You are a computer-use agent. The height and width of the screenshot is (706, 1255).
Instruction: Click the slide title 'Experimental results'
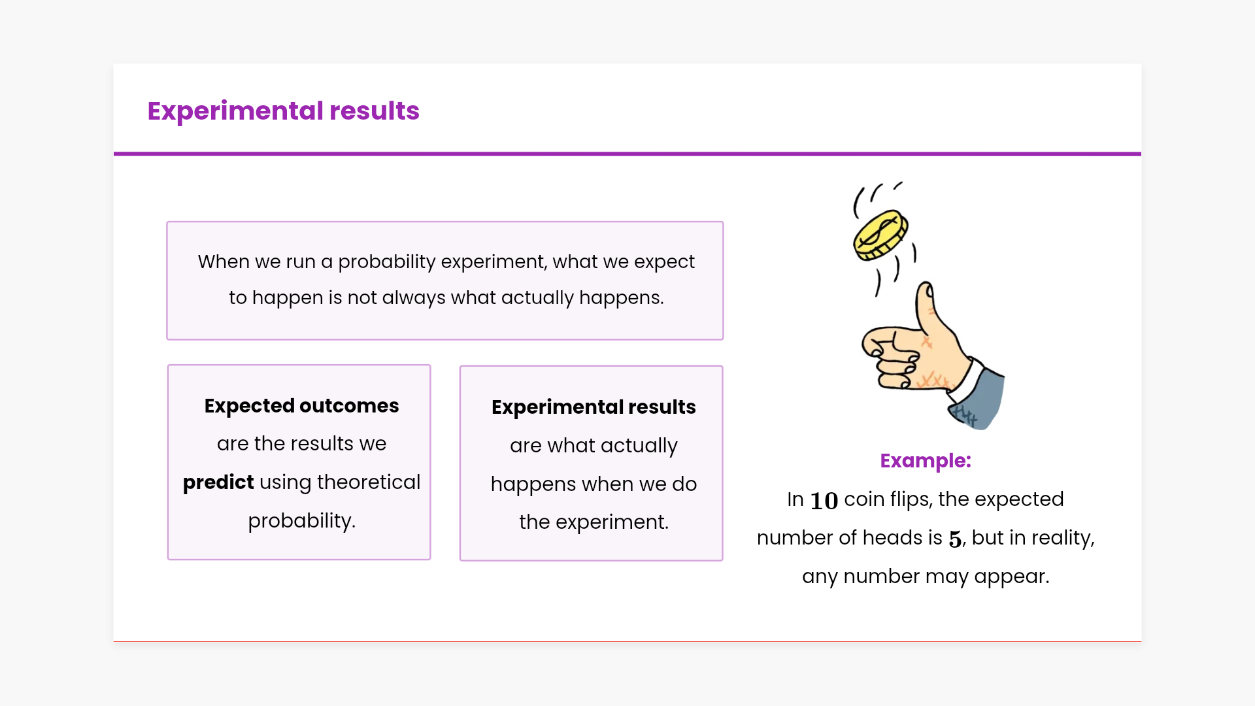283,111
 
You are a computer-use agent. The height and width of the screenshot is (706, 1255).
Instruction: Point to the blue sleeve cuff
977,398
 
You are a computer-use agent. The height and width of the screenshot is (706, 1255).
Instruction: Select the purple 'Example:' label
926,461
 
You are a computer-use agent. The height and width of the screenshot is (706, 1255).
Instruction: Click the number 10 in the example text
824,501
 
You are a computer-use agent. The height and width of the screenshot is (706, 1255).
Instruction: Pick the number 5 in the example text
955,539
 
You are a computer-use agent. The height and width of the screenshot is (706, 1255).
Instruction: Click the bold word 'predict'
218,482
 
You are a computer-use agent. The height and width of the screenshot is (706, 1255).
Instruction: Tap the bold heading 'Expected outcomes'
301,406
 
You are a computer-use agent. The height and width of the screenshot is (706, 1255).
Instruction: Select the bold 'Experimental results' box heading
594,407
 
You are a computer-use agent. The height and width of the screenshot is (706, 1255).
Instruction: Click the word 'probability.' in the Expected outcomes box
302,521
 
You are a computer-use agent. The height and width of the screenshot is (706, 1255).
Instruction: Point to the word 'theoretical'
369,482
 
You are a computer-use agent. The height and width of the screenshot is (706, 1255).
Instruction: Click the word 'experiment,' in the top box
494,262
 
